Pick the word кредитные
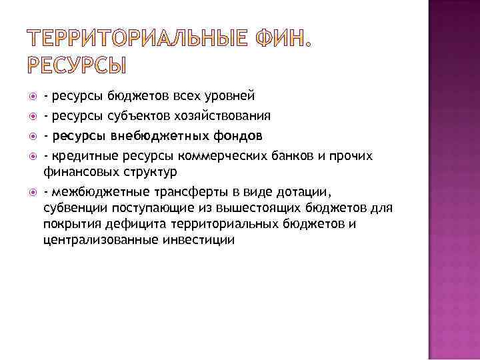click(x=78, y=156)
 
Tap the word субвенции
click(x=73, y=209)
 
